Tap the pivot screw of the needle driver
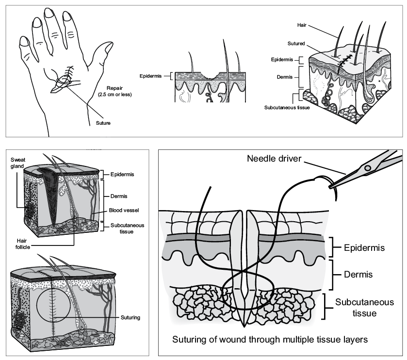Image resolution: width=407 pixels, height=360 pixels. [367, 168]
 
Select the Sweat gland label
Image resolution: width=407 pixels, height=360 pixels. [18, 163]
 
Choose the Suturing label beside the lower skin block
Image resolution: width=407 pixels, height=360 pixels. [130, 318]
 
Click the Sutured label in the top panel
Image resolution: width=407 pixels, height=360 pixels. [296, 43]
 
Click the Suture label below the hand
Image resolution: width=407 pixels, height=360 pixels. [102, 123]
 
